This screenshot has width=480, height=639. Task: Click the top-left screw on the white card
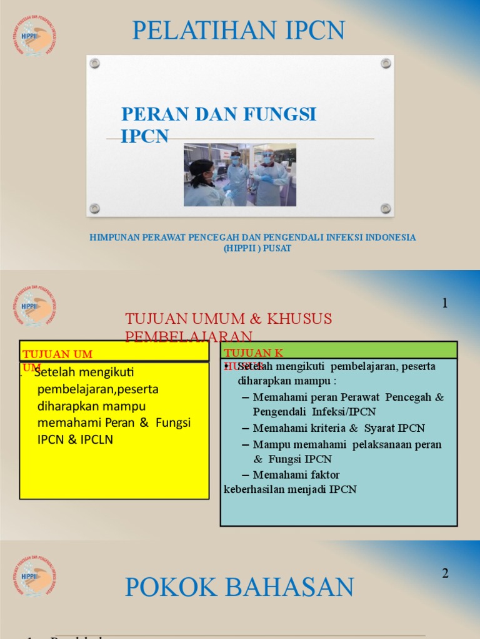pos(94,63)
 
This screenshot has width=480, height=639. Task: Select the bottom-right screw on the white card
pos(386,208)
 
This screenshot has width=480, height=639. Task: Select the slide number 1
pos(445,303)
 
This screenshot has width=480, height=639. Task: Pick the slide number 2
pos(445,573)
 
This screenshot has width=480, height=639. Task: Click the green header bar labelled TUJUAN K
pos(339,350)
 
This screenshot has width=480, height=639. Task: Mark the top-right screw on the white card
pos(386,63)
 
